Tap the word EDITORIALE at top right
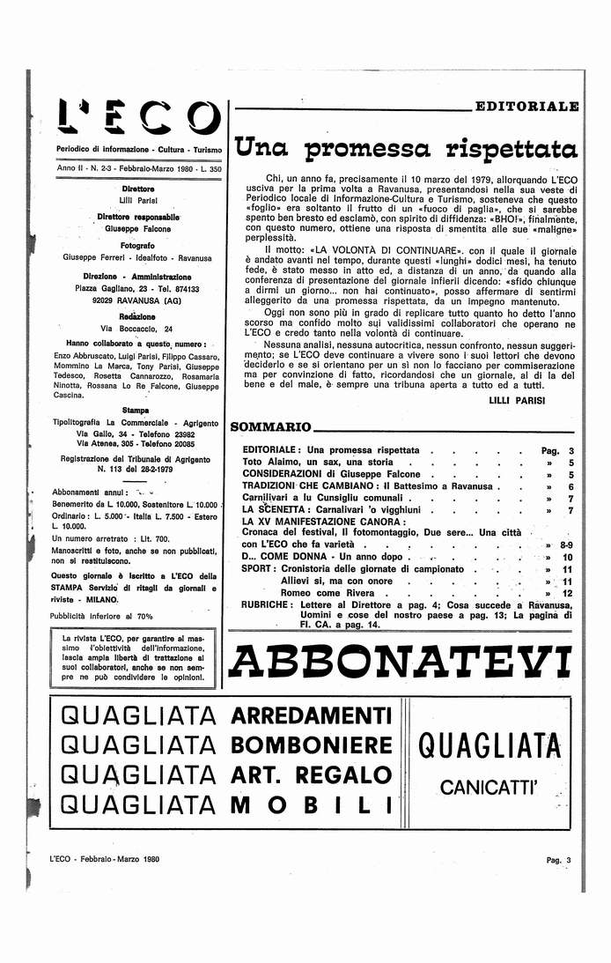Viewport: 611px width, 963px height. (x=526, y=107)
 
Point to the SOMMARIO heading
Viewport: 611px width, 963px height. (x=270, y=428)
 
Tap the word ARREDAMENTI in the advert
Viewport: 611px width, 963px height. (x=310, y=715)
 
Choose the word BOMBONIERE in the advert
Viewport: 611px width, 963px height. (x=310, y=745)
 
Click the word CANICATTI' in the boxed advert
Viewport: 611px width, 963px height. (x=489, y=784)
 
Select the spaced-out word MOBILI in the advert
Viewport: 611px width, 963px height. (x=310, y=804)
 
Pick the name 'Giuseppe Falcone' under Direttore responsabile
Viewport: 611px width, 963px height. (x=137, y=229)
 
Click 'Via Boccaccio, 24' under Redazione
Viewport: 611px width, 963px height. (x=137, y=329)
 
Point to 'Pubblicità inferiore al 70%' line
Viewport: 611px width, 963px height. (x=101, y=617)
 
